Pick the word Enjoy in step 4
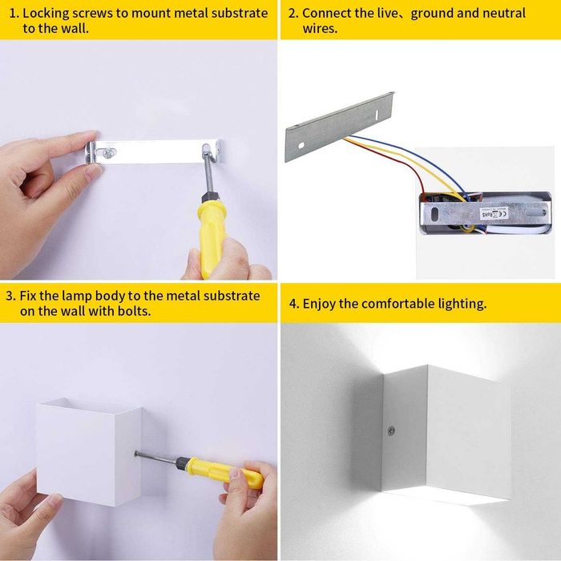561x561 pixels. point(321,304)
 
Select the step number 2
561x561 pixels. point(293,14)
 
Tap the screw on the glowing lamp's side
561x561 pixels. point(391,430)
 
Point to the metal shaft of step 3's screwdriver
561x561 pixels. point(157,457)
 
